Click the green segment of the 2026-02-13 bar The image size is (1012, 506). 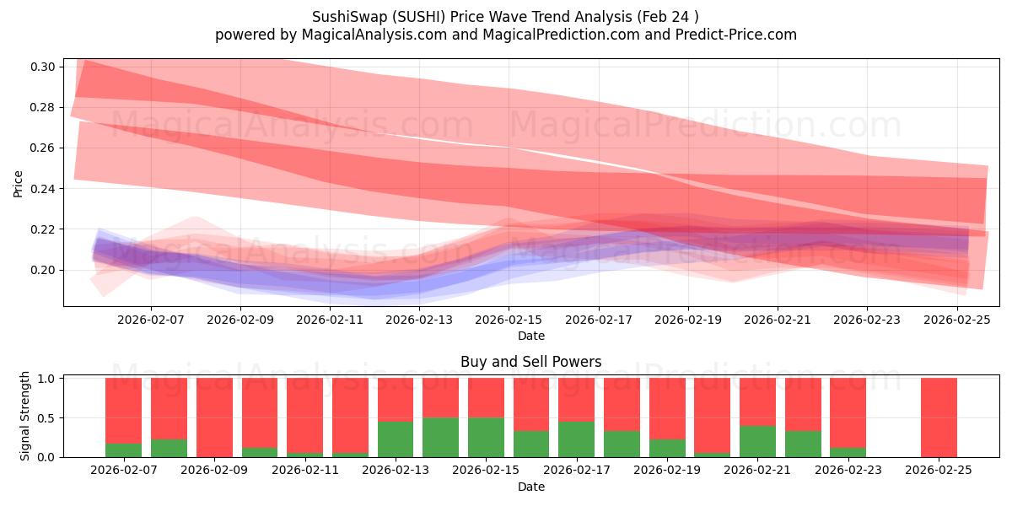396,439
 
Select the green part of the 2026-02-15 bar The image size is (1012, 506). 486,437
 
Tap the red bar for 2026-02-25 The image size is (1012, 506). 939,417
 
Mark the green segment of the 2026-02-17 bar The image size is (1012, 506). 577,439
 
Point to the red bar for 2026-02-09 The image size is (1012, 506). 214,417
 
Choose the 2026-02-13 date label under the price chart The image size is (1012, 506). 419,320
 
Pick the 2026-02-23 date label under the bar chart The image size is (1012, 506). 848,471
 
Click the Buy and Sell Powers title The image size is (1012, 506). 530,362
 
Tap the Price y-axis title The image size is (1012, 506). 19,184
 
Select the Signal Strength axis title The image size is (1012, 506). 24,416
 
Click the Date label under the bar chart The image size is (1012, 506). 530,487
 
